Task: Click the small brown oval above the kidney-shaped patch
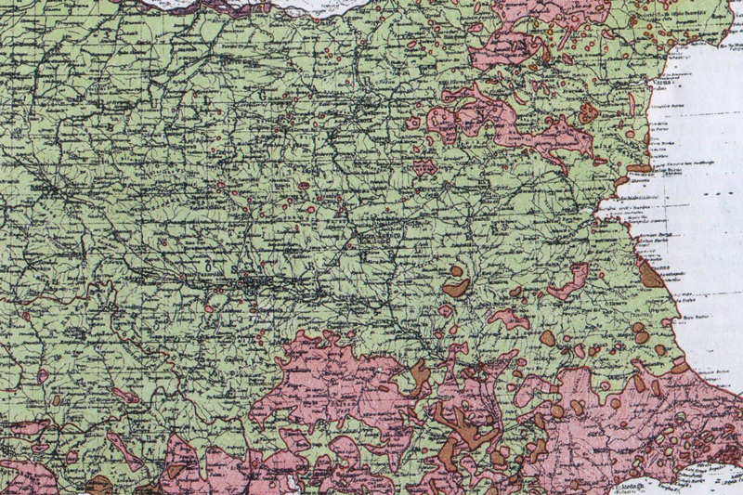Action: pyautogui.click(x=457, y=271)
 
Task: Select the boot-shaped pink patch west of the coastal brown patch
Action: pyautogui.click(x=568, y=280)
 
